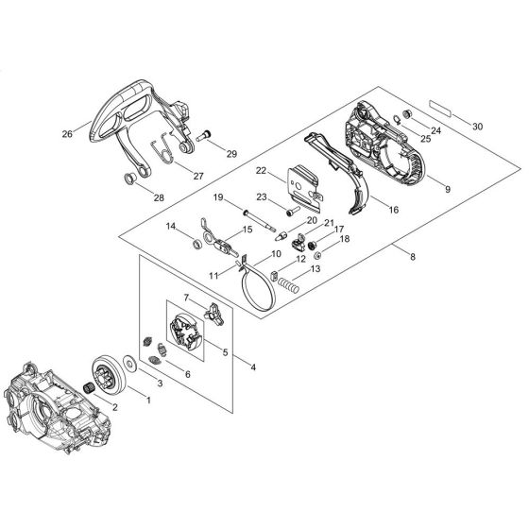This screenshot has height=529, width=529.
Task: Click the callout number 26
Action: tap(67, 134)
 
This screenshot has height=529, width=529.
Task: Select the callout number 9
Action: tap(446, 189)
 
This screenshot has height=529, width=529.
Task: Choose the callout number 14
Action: tap(171, 227)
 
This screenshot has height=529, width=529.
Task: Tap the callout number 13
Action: tap(316, 269)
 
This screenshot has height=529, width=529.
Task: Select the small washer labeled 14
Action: tap(196, 245)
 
